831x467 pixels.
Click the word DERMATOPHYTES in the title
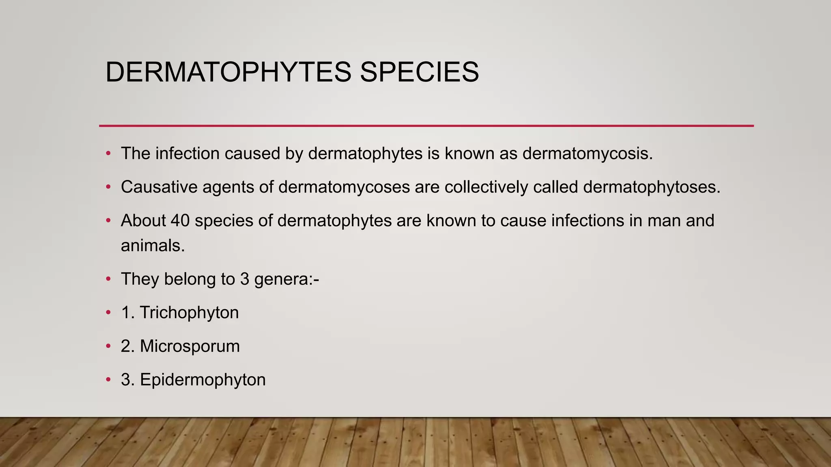228,72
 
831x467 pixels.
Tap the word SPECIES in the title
419,72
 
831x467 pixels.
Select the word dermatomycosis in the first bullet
588,154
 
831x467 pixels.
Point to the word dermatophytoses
652,187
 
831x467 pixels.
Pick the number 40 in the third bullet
180,221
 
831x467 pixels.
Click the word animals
153,246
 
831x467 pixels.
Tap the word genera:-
286,279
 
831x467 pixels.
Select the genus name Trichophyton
189,313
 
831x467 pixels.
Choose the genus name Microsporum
190,346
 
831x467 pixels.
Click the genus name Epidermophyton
203,380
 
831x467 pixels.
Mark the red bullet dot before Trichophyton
108,313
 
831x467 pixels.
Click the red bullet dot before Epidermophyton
108,380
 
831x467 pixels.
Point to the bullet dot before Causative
108,187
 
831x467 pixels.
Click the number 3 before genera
244,279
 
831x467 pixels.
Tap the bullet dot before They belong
108,279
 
